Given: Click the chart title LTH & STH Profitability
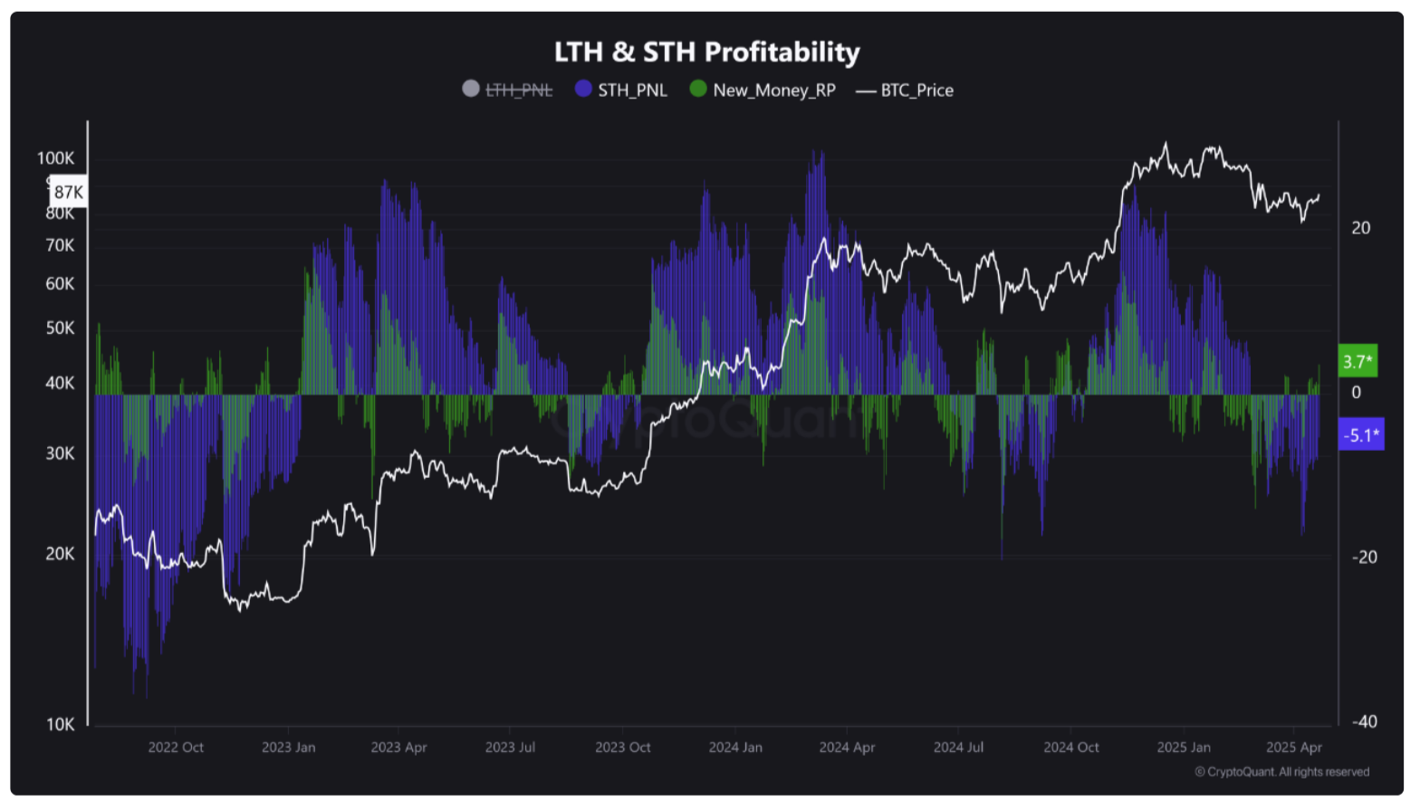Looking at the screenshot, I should (706, 52).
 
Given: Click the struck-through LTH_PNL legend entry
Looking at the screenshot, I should (508, 91).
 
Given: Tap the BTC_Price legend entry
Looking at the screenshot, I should (906, 91).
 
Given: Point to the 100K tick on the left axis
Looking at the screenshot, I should (56, 158).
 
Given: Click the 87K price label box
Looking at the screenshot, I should (68, 192).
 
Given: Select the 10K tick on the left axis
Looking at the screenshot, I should (61, 724).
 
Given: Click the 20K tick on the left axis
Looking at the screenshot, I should (61, 554).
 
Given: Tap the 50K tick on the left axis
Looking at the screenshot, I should (61, 329).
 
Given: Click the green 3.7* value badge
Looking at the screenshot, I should (1358, 362).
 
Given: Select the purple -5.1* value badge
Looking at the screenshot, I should (1360, 435).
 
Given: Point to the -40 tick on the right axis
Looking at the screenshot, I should (1365, 721).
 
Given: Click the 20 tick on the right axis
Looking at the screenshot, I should (1360, 228).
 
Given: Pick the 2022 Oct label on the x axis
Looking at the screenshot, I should (176, 748).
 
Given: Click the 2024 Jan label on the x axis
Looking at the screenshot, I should (735, 748).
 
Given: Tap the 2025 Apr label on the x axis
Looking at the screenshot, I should (1294, 748).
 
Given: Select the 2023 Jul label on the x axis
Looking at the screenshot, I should (510, 748).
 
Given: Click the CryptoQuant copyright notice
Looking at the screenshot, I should (1281, 772).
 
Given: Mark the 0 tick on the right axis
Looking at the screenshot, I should (1356, 393).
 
